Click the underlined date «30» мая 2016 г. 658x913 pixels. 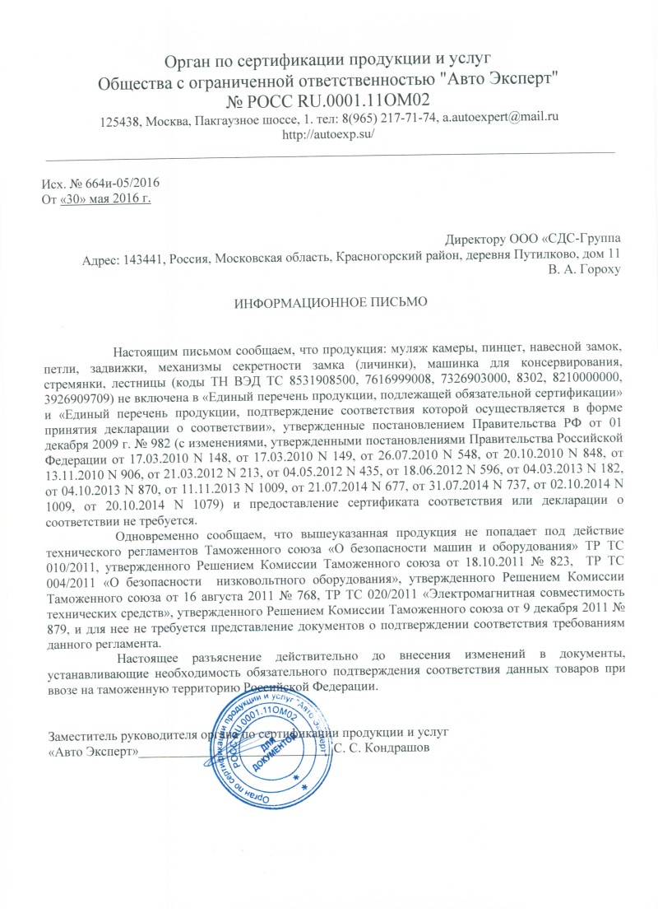(107, 198)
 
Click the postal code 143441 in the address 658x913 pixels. (141, 254)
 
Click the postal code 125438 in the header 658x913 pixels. (121, 119)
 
